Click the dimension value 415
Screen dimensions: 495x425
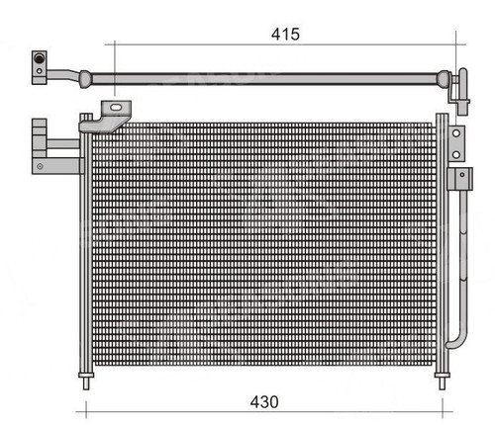coord(285,35)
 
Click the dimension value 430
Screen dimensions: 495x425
coord(264,402)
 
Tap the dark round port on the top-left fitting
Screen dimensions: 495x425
coord(39,58)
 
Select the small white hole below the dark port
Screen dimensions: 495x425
coord(40,71)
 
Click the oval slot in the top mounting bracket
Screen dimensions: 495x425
coord(116,108)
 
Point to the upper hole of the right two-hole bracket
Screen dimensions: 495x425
coord(456,133)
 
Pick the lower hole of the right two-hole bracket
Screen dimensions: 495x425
coord(456,154)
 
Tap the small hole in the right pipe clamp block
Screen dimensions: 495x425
coord(462,175)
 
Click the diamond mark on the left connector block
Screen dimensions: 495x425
coord(40,166)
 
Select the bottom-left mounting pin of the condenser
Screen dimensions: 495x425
coord(86,382)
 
